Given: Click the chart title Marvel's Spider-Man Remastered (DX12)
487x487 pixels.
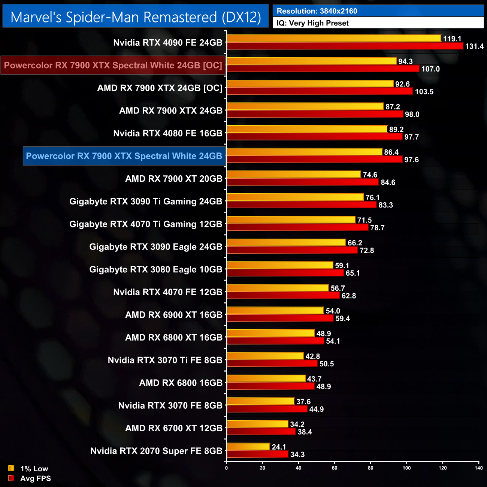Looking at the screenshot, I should (x=136, y=17).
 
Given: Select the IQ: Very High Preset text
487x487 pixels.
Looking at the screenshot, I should (x=312, y=23).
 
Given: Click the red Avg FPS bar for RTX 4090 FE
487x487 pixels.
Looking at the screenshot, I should (x=345, y=46).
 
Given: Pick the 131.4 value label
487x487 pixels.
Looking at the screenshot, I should (x=474, y=46).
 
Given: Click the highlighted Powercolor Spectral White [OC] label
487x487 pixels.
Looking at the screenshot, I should (x=113, y=65).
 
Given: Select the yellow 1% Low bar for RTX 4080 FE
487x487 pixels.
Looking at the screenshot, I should (x=307, y=129).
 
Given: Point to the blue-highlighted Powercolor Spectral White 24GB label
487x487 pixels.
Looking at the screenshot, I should (x=124, y=156).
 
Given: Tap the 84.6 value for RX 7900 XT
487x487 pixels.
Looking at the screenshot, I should (x=388, y=182).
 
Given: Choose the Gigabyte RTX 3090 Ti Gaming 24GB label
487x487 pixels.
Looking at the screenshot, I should (x=146, y=201).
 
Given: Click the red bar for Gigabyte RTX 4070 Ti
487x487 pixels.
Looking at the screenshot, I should (x=297, y=227).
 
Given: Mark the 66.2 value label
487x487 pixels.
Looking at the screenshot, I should (x=355, y=243).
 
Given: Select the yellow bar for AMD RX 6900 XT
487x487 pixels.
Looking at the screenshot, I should (x=275, y=311).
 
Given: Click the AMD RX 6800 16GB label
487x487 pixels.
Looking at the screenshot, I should (x=181, y=382).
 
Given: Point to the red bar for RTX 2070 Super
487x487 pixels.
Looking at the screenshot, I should (x=257, y=454).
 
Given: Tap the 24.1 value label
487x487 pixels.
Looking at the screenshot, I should (x=279, y=447).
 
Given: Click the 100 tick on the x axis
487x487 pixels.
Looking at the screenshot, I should (x=406, y=468).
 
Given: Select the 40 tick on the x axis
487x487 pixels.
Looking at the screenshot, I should (x=299, y=468).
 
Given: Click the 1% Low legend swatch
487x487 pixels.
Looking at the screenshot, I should (x=11, y=468).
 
